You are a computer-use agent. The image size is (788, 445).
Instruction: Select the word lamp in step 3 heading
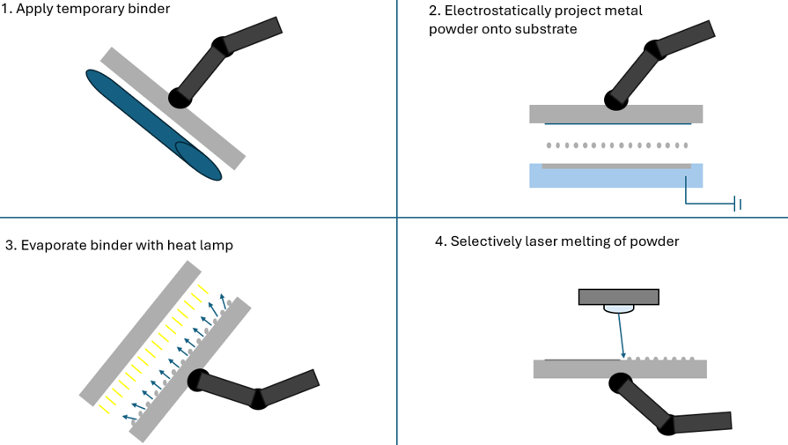click(215, 245)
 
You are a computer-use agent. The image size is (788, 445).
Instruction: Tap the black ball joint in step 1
click(179, 97)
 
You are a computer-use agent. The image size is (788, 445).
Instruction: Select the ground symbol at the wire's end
click(739, 204)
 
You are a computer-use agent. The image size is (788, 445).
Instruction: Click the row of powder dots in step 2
click(616, 145)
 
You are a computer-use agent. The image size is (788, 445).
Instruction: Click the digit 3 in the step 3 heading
click(9, 245)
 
